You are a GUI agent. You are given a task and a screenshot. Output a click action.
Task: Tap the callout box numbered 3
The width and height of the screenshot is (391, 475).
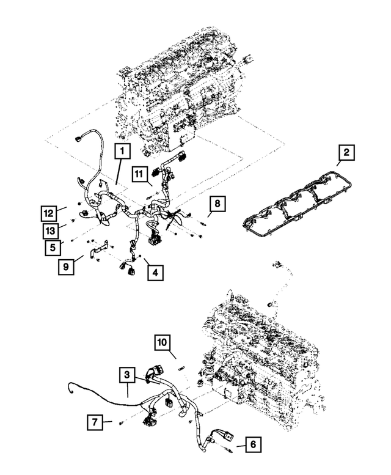(126, 374)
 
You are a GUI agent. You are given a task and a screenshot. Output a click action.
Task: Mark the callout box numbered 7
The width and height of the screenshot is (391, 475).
(94, 422)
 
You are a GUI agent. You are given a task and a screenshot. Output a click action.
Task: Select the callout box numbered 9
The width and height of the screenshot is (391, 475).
(67, 266)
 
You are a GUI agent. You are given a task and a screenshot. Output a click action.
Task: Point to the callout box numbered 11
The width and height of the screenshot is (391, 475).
(139, 176)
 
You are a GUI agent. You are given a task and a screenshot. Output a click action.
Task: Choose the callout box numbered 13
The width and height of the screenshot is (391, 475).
(51, 230)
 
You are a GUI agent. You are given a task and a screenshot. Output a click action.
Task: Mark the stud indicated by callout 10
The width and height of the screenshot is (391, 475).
(181, 369)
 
